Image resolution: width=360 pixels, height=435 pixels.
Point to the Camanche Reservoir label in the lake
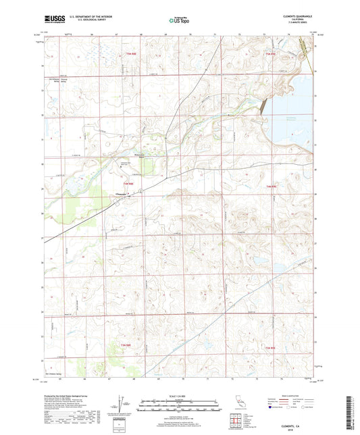(296, 118)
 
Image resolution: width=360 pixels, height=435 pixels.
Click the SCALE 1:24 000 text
(179, 394)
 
